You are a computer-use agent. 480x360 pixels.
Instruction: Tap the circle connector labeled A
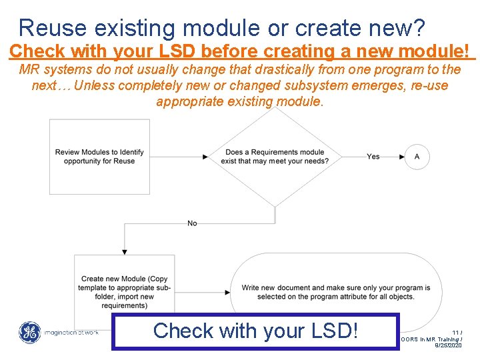pyautogui.click(x=417, y=157)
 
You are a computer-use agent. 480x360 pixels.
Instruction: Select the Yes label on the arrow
pyautogui.click(x=373, y=157)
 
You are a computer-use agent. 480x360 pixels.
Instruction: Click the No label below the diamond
pyautogui.click(x=192, y=223)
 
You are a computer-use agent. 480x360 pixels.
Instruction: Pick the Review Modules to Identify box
pyautogui.click(x=99, y=157)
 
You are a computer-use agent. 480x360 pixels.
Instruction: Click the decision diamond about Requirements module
pyautogui.click(x=275, y=157)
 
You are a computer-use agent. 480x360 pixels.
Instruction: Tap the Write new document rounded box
pyautogui.click(x=335, y=291)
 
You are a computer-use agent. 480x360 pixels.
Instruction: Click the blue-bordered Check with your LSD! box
pyautogui.click(x=255, y=331)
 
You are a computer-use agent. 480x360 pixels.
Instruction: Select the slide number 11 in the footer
pyautogui.click(x=457, y=332)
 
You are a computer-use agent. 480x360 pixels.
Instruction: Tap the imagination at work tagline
pyautogui.click(x=71, y=333)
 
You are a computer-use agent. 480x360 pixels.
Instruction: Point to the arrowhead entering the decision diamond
pyautogui.click(x=206, y=157)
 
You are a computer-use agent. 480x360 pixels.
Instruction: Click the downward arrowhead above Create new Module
pyautogui.click(x=125, y=251)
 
